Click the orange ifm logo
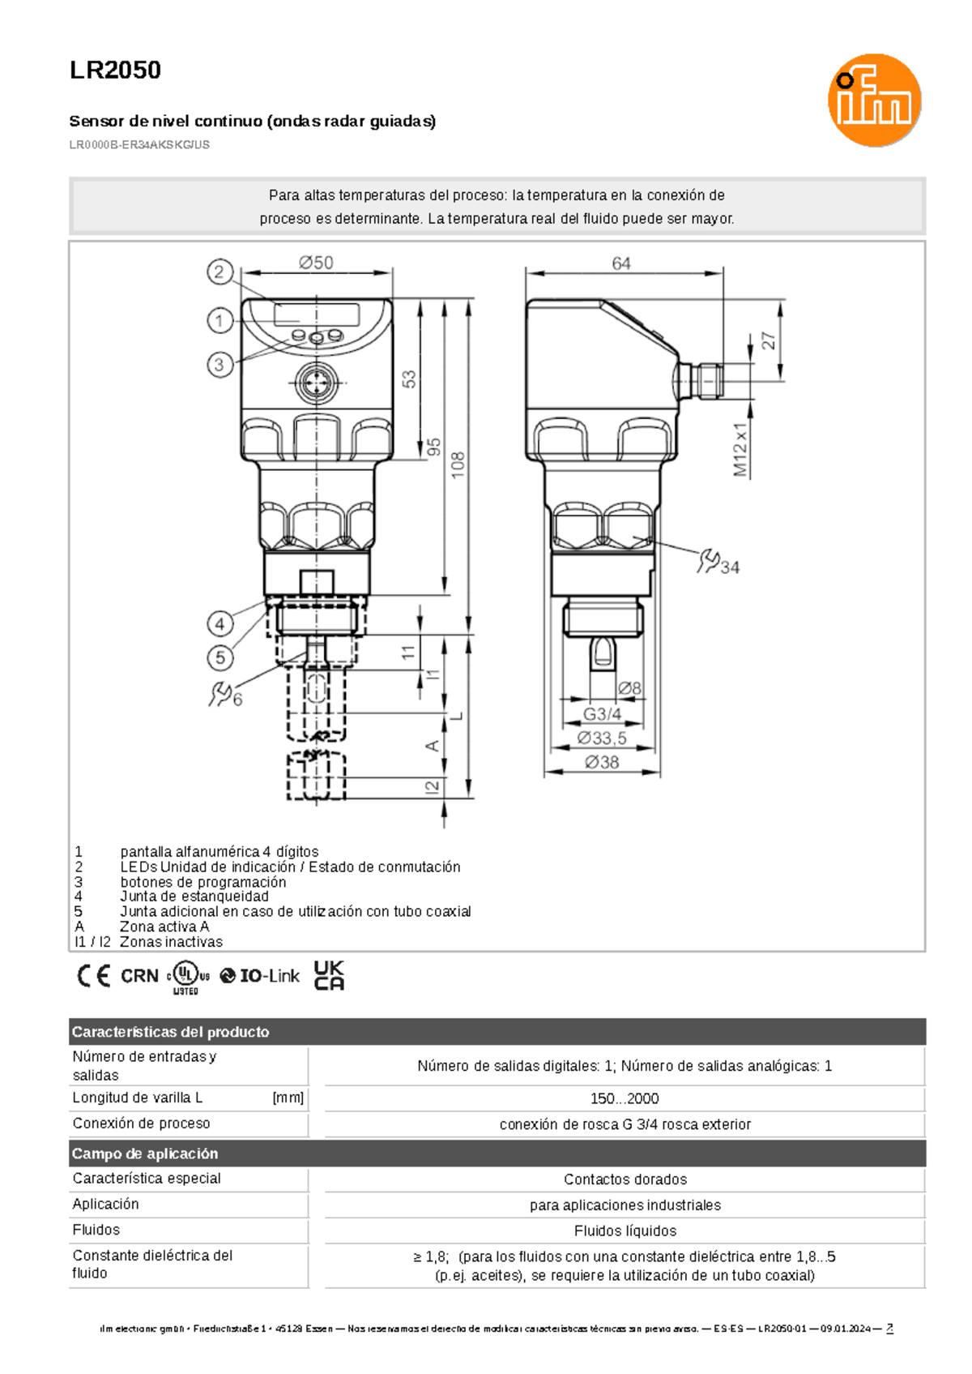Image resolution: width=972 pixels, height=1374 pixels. [874, 101]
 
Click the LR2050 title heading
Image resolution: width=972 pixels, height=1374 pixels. [115, 71]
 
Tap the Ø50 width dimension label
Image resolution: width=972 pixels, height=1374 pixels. [315, 263]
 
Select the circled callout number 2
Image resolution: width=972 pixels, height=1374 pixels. [220, 272]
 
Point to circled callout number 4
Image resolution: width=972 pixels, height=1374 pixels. [220, 624]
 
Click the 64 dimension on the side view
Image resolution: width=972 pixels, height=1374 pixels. [620, 263]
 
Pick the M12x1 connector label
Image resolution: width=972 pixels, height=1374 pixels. [740, 449]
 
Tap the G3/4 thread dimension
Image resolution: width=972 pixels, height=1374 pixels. [603, 714]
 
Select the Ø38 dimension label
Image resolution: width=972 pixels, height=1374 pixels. [602, 762]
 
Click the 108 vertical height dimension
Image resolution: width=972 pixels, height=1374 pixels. [458, 464]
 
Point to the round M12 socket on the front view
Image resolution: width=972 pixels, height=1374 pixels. [316, 383]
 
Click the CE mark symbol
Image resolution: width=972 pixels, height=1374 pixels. [94, 976]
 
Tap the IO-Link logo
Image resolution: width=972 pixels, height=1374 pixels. [260, 976]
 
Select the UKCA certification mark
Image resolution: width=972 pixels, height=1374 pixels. [329, 975]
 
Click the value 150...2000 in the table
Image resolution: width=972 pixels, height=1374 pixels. [624, 1099]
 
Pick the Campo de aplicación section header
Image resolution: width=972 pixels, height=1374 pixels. [145, 1154]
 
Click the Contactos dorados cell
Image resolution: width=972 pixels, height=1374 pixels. [625, 1179]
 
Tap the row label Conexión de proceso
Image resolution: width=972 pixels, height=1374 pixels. [141, 1124]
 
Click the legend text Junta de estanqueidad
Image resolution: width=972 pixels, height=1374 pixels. [194, 897]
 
